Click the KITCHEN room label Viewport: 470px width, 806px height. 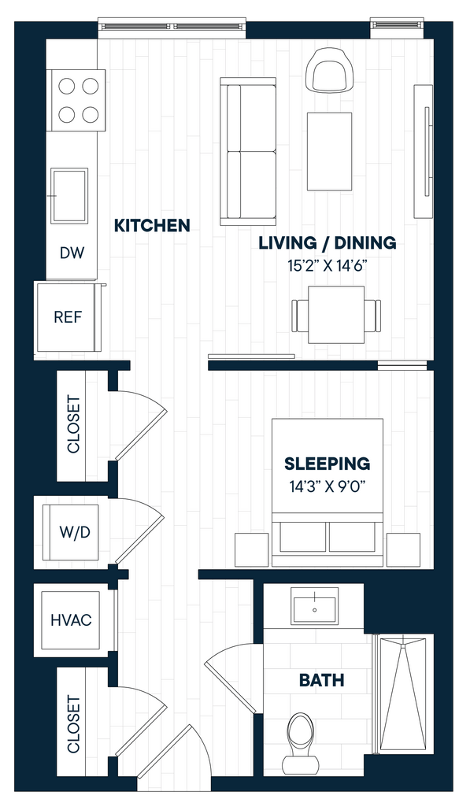[152, 225]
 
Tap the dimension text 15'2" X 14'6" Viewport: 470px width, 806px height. [328, 266]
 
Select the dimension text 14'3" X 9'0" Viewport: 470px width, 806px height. [327, 486]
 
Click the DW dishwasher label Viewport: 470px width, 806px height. [72, 253]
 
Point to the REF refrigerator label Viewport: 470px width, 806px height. [68, 316]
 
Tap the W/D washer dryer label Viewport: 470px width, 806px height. [75, 532]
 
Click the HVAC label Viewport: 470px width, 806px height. [71, 620]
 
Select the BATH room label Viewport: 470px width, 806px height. [321, 680]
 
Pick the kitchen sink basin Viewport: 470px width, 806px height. [69, 196]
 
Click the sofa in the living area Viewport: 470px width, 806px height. [248, 151]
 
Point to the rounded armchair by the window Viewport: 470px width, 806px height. [330, 70]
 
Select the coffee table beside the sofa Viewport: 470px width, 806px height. [330, 152]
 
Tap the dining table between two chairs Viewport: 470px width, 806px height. [336, 314]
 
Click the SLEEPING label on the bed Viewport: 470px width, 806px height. [327, 463]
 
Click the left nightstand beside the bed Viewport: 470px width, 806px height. [251, 549]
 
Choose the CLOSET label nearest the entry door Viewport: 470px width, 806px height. [73, 724]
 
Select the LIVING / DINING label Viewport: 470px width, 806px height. [327, 242]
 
